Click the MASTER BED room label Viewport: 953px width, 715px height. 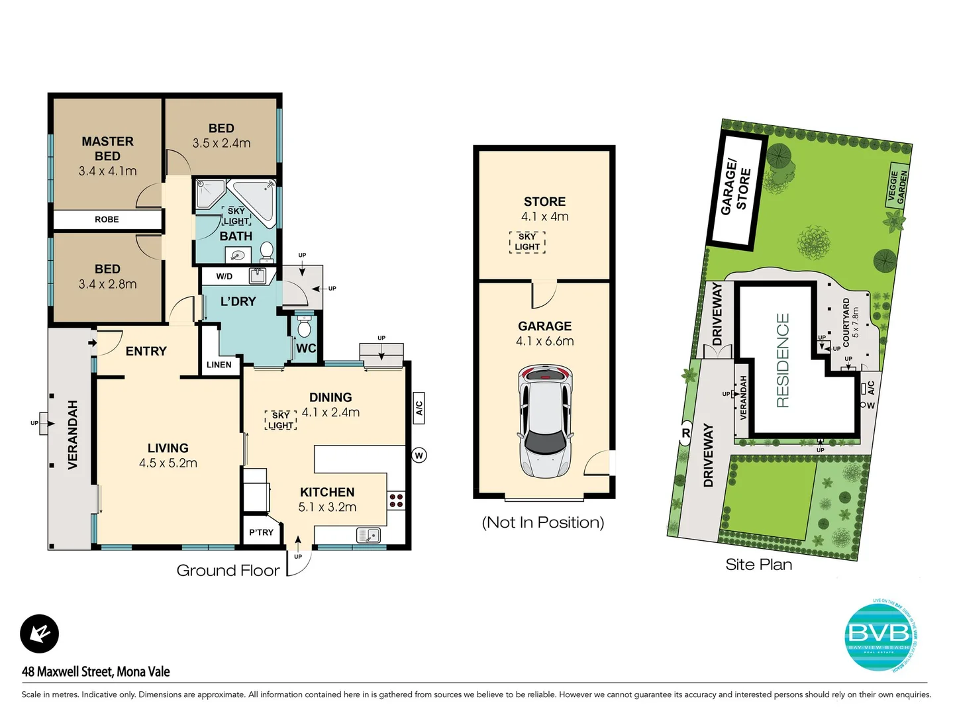coord(107,148)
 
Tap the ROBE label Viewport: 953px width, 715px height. coord(107,219)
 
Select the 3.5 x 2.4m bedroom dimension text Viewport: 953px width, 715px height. coord(221,143)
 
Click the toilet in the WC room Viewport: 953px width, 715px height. coord(305,328)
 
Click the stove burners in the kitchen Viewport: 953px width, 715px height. coord(396,500)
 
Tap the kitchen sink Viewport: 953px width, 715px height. coord(368,534)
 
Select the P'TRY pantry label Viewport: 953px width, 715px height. coord(261,532)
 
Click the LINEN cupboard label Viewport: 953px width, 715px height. coord(219,365)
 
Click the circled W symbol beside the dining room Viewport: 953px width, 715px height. coord(419,455)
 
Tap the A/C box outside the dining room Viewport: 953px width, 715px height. coord(419,407)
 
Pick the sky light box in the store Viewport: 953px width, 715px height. coord(527,242)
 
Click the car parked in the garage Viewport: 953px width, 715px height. coord(545,421)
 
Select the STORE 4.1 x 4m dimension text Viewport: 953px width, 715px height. coord(544,216)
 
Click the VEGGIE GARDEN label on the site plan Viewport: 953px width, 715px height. coord(897,186)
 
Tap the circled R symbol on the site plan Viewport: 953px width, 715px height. coord(685,434)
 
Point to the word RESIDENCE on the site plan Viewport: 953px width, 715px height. coord(783,360)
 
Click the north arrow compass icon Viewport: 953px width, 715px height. coord(40,634)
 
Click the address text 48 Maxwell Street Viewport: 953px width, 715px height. coord(96,671)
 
